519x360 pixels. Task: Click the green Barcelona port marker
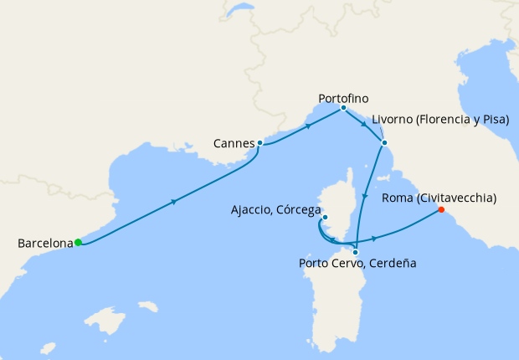click(78, 243)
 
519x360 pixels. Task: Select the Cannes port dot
click(260, 143)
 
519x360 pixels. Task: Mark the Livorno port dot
click(384, 142)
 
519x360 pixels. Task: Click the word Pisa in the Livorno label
click(491, 120)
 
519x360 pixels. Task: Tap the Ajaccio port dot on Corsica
click(326, 219)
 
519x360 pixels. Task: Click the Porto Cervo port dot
click(356, 252)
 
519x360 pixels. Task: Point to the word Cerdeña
click(390, 263)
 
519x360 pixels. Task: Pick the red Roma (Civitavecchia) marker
click(441, 211)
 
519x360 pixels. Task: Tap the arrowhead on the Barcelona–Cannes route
click(174, 202)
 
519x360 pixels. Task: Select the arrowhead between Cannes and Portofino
click(309, 126)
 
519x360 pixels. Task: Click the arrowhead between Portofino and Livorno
click(364, 124)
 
